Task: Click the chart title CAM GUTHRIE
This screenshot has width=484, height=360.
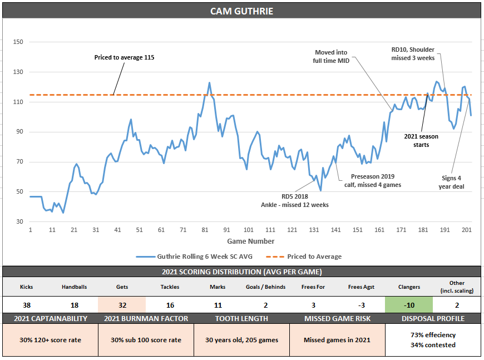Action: (241, 11)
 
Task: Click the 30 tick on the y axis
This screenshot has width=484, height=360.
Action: (18, 222)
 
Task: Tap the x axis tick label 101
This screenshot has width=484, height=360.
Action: (249, 230)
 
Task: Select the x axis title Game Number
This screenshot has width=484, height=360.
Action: (250, 241)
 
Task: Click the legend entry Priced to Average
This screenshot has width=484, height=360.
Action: (314, 257)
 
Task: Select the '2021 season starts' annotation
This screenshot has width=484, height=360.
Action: (421, 140)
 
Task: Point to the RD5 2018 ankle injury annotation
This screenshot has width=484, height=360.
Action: (295, 200)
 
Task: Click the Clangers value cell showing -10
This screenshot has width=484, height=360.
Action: (409, 305)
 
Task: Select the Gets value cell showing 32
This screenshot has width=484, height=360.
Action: (122, 305)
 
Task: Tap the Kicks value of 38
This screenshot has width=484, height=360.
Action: (26, 305)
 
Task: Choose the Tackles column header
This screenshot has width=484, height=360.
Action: (170, 287)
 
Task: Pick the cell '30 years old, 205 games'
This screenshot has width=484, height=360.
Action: (241, 340)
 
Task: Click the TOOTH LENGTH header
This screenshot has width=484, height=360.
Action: (241, 319)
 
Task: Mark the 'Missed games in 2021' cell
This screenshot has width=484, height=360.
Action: (337, 340)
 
